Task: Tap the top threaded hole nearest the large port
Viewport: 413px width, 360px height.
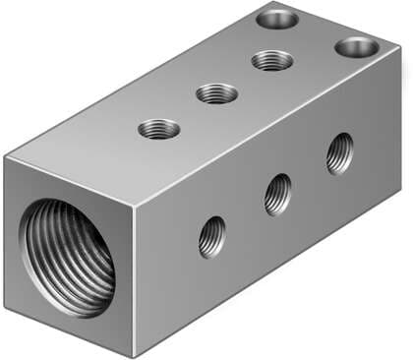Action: pos(159,129)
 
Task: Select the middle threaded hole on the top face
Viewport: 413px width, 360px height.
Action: pos(216,94)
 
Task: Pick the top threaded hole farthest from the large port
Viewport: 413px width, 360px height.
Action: pos(271,61)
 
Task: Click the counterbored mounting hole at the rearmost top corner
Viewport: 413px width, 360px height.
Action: pos(278,18)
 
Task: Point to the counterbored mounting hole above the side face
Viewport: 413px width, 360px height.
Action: pos(356,46)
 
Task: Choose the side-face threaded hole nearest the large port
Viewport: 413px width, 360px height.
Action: pos(211,236)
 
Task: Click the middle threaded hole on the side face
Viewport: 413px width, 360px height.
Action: pos(278,194)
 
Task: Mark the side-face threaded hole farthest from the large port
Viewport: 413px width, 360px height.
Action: pos(340,152)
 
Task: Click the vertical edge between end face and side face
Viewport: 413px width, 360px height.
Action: pos(135,280)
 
